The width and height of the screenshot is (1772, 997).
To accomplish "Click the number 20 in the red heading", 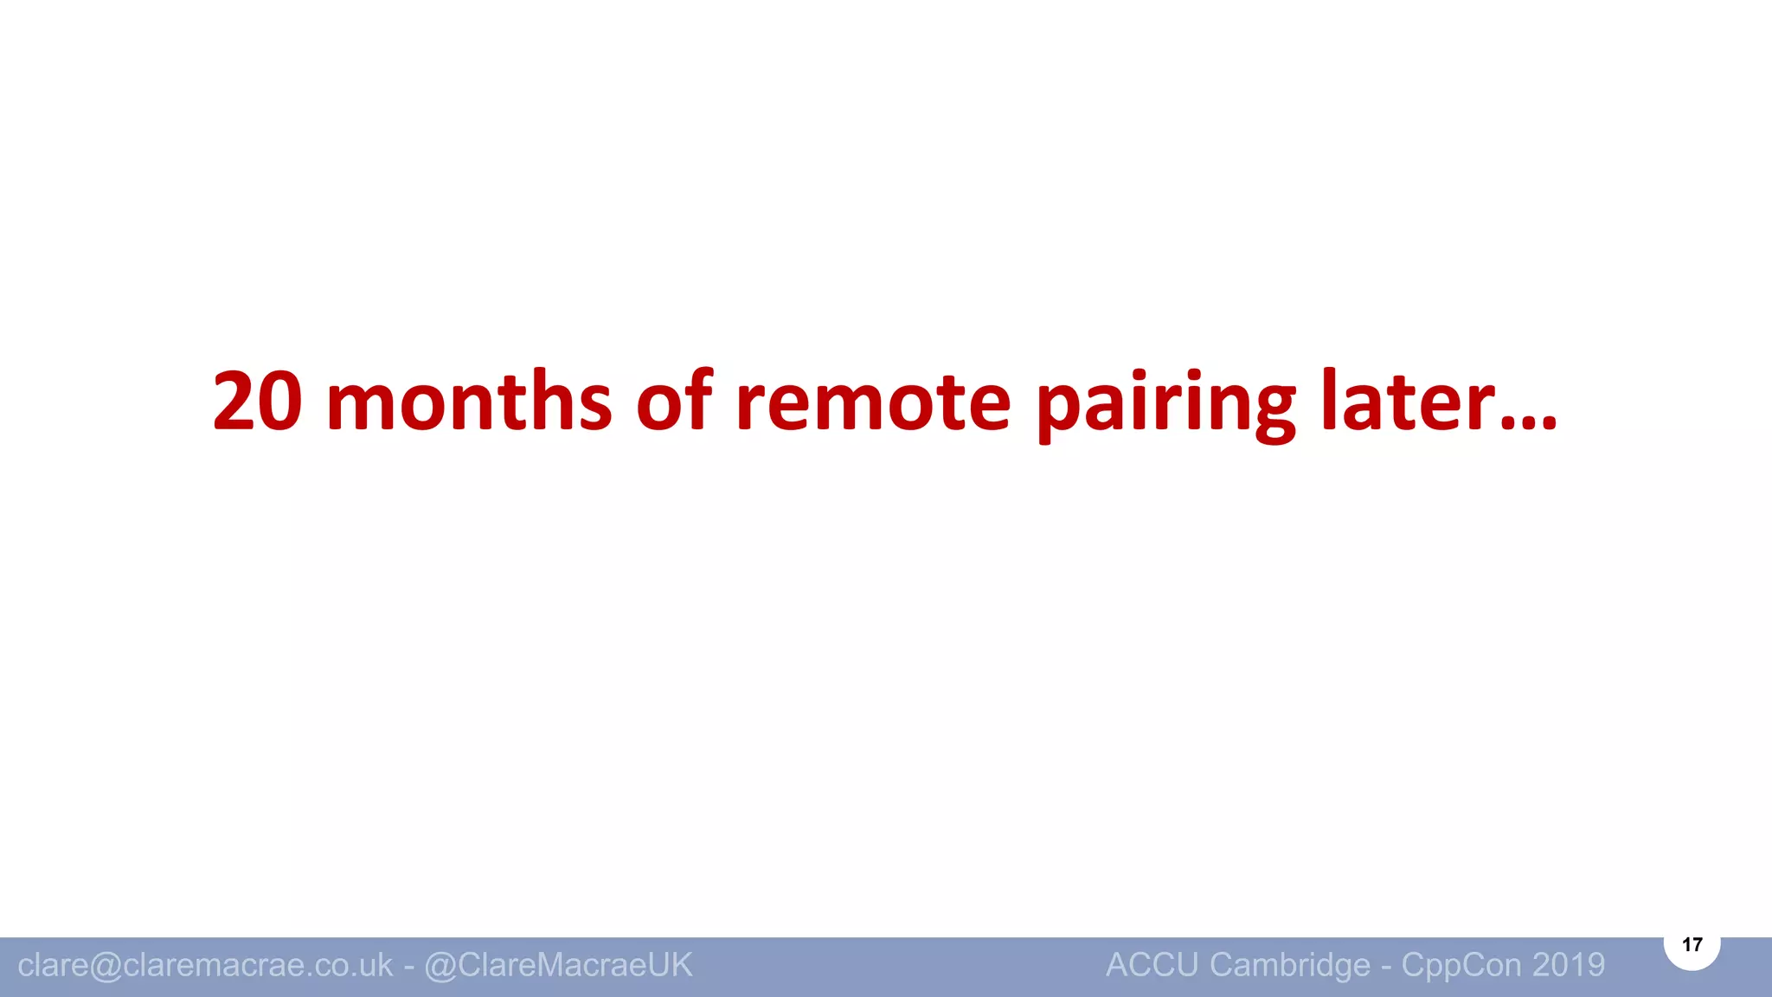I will point(258,402).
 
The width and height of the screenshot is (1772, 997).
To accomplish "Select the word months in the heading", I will point(469,402).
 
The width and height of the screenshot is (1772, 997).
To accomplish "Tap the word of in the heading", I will point(675,402).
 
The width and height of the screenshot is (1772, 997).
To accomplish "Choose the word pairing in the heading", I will point(1165,405).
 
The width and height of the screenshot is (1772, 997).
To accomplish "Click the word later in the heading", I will point(1408,402).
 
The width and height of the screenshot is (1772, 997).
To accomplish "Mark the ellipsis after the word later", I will point(1529,423).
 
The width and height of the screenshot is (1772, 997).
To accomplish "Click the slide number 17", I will point(1692,944).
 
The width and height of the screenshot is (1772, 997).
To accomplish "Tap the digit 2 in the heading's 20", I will point(235,402).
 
